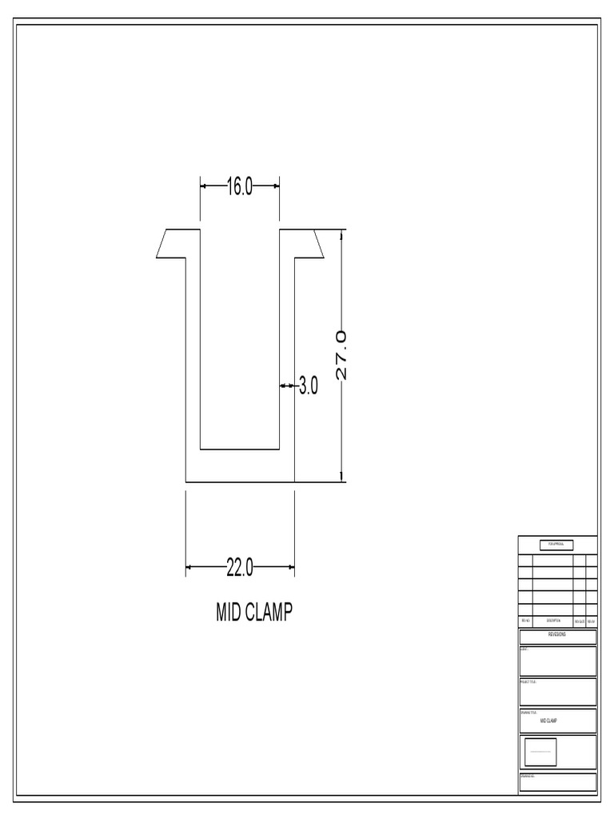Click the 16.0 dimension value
(x=239, y=186)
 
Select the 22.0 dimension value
(x=239, y=568)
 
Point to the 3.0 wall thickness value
(x=309, y=387)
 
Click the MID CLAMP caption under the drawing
(x=254, y=613)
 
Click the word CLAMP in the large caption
(x=269, y=613)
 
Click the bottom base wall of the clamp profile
(x=240, y=466)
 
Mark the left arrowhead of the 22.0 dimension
(x=189, y=568)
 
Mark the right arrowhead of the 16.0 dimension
(x=276, y=186)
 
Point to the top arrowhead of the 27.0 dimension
(x=342, y=234)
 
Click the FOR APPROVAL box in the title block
(x=557, y=545)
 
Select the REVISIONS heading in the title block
(x=557, y=637)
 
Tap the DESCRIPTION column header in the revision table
(x=553, y=621)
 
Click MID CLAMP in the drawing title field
(x=548, y=721)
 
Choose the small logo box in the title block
(x=540, y=752)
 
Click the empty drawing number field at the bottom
(x=557, y=782)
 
